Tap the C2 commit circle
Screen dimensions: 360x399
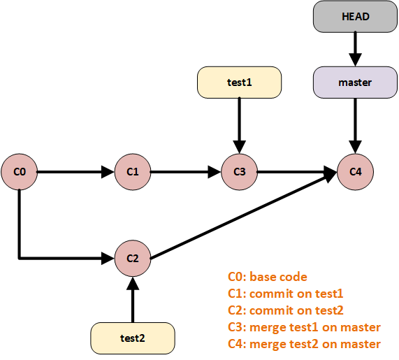133,258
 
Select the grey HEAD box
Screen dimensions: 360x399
355,17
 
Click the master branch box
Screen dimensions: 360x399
355,82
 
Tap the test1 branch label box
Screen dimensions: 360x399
240,82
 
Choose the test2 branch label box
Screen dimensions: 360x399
133,338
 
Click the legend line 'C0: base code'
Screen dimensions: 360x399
267,277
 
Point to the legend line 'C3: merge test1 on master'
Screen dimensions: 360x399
304,327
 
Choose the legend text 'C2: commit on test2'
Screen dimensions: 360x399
286,310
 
